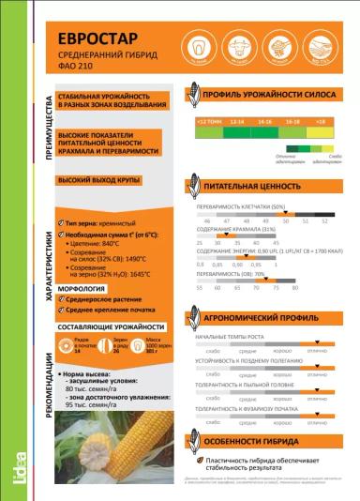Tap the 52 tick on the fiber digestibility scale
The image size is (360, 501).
point(324,221)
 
